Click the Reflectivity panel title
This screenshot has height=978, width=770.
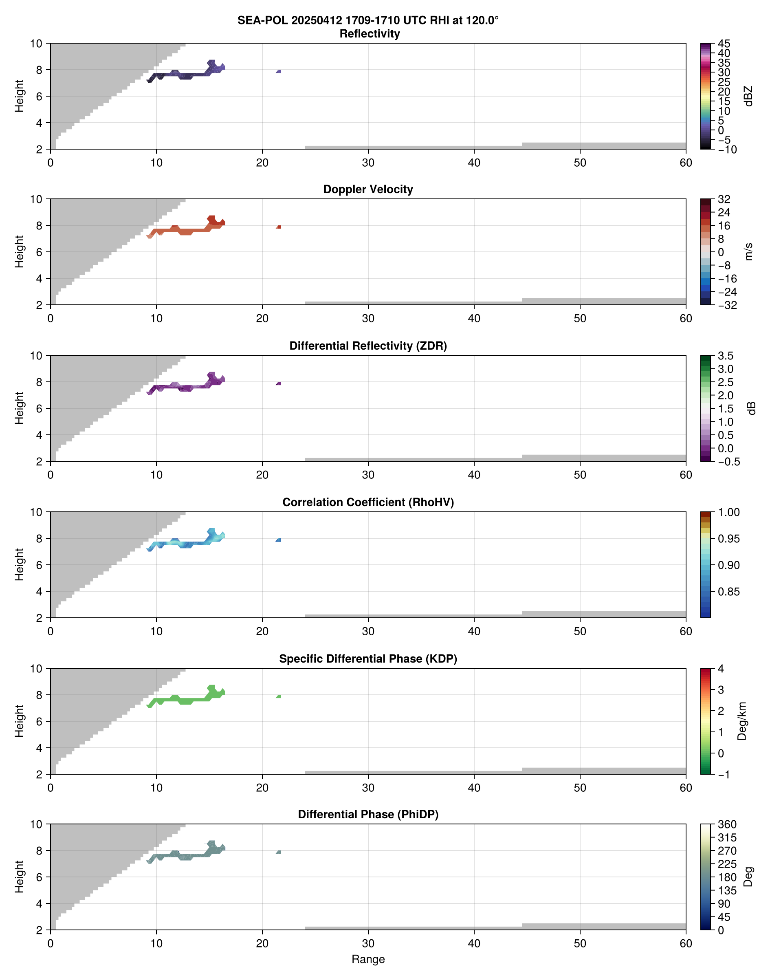click(x=370, y=34)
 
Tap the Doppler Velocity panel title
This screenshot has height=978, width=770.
click(x=368, y=189)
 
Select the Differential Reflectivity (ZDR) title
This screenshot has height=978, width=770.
click(x=368, y=346)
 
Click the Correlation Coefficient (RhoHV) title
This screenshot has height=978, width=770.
click(x=368, y=502)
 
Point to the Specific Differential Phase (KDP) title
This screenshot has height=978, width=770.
click(x=368, y=659)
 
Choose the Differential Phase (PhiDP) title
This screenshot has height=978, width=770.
click(x=368, y=814)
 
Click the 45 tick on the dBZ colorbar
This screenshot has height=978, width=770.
click(x=724, y=44)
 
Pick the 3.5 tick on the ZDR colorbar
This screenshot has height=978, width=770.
click(x=725, y=356)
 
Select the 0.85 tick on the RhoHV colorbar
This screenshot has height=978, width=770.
click(x=728, y=592)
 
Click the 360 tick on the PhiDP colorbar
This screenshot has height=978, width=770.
click(x=727, y=824)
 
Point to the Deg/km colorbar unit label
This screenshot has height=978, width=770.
click(x=741, y=721)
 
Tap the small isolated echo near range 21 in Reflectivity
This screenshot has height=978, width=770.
click(x=279, y=71)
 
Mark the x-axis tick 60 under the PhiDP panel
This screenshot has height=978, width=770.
click(x=686, y=943)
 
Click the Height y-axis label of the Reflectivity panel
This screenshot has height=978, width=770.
click(x=19, y=96)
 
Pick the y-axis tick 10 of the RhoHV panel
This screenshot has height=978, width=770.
click(x=36, y=512)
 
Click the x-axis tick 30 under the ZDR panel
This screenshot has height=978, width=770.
click(x=368, y=475)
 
